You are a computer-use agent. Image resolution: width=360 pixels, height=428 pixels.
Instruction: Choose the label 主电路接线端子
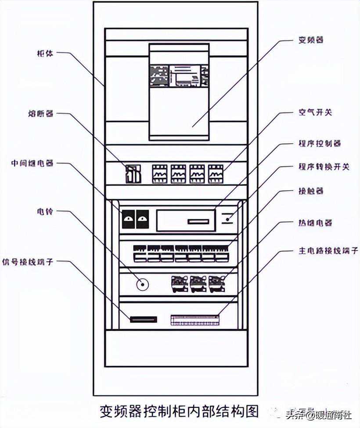click(x=327, y=251)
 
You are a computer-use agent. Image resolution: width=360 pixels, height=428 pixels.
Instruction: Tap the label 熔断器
click(x=43, y=113)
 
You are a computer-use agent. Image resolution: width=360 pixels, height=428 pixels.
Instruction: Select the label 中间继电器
click(x=33, y=163)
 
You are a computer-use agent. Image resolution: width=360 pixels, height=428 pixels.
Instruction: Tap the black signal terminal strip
click(x=144, y=319)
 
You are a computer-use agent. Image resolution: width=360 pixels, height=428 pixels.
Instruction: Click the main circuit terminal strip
click(x=194, y=320)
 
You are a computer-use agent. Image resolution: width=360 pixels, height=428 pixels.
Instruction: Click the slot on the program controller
click(x=198, y=221)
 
